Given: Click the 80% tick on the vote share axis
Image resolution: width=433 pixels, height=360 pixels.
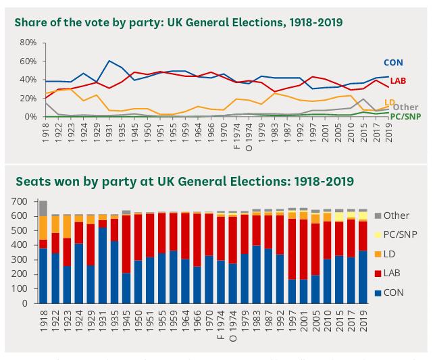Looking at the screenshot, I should pyautogui.click(x=27, y=42).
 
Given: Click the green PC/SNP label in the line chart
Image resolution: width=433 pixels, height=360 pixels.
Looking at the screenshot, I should pyautogui.click(x=408, y=117).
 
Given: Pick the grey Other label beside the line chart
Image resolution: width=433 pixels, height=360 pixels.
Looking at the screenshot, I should pyautogui.click(x=405, y=107).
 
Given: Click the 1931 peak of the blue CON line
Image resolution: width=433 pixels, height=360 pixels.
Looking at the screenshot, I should pyautogui.click(x=109, y=61).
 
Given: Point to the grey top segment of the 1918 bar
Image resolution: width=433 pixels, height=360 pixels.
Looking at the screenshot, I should pyautogui.click(x=43, y=208).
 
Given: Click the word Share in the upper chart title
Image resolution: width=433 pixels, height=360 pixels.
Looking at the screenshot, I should pyautogui.click(x=29, y=22).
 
